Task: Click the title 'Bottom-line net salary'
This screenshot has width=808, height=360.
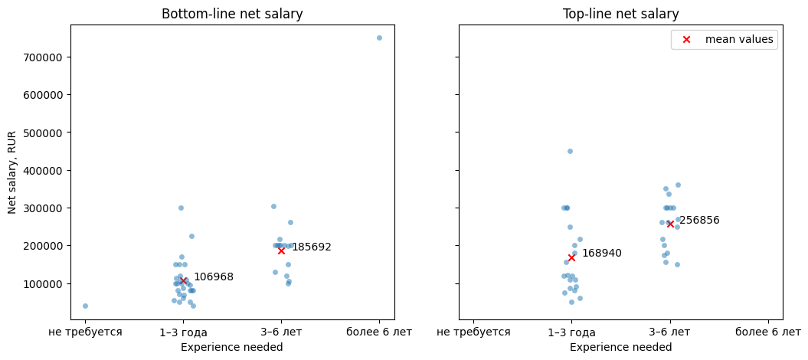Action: click(232, 14)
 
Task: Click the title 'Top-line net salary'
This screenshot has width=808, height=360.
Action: click(620, 14)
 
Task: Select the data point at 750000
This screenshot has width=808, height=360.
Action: click(379, 38)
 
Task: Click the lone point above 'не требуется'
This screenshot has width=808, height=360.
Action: click(85, 306)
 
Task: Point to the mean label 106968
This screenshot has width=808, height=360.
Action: click(213, 277)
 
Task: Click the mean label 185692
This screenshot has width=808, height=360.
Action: click(311, 247)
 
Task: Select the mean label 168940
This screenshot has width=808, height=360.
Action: click(601, 254)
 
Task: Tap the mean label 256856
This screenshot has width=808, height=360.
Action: click(699, 221)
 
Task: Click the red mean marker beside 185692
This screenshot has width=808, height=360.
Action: click(281, 250)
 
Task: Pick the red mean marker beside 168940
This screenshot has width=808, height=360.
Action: click(571, 257)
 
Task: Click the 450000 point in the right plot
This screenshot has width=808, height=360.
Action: click(570, 151)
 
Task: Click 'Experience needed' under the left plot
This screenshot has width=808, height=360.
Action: click(232, 347)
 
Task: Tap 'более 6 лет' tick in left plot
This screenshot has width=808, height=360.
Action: click(379, 332)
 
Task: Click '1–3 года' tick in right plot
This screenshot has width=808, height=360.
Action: click(571, 332)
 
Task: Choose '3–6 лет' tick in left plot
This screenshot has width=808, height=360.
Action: click(281, 332)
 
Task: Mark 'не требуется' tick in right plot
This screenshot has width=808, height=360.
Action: click(473, 332)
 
